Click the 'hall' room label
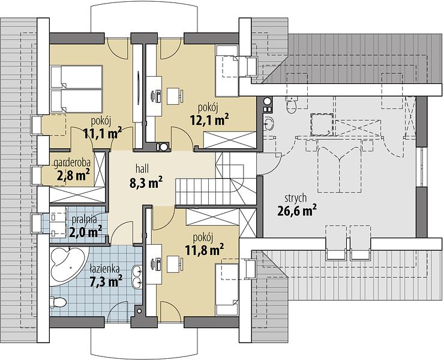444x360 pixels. click(142, 169)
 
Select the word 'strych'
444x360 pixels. click(296, 198)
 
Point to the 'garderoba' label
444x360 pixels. click(72, 163)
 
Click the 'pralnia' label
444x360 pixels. click(85, 220)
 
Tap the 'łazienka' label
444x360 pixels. click(105, 269)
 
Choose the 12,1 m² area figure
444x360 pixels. click(209, 121)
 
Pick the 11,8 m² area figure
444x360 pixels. click(205, 250)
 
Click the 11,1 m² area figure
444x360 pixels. click(103, 133)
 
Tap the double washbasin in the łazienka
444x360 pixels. click(138, 275)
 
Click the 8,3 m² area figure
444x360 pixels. click(146, 182)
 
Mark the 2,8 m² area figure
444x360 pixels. click(74, 175)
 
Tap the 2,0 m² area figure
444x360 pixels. click(86, 232)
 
